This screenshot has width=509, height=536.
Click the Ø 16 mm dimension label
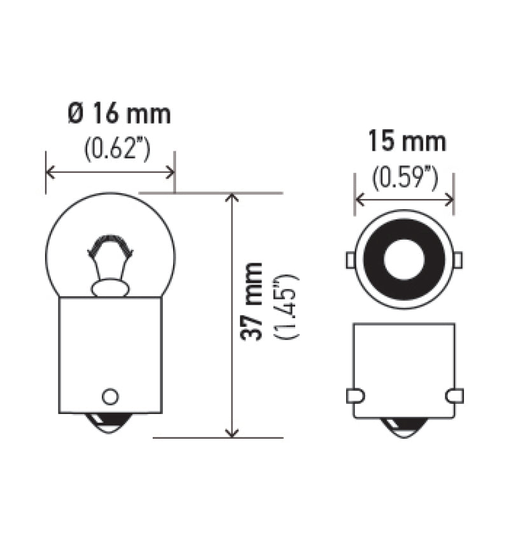click(119, 114)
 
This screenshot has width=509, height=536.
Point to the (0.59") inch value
click(405, 177)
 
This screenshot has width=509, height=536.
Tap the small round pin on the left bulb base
click(110, 396)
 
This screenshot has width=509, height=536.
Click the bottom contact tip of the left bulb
click(110, 423)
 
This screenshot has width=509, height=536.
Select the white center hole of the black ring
click(404, 260)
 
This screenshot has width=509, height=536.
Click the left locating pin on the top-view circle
click(350, 260)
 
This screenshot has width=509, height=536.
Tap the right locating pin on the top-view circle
click(458, 260)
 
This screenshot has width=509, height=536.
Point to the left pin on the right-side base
click(355, 395)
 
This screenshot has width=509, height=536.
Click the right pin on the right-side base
click(454, 395)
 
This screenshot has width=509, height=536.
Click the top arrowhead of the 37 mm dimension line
click(232, 197)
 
